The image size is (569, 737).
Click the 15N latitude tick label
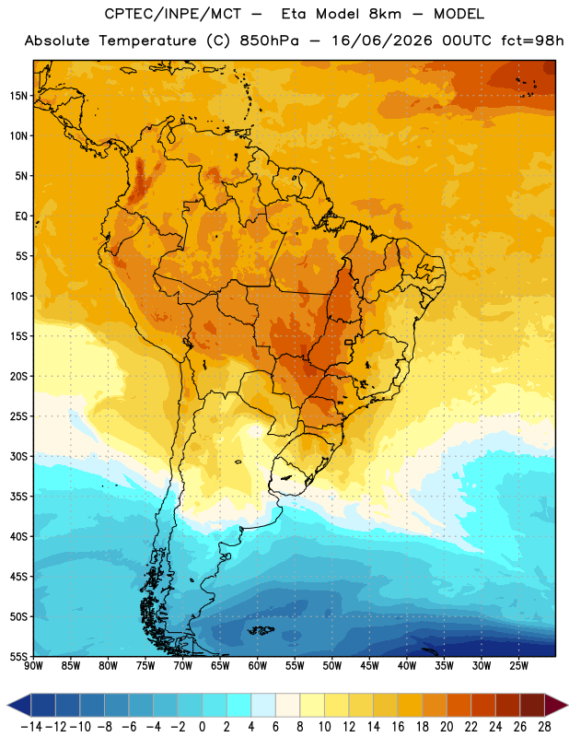coord(18,96)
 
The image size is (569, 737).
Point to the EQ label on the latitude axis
coord(21,216)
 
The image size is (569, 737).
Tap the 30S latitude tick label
coord(18,456)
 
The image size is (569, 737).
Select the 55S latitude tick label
coord(18,656)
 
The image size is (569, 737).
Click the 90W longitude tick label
coord(34,666)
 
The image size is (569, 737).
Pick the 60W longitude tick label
coord(258,666)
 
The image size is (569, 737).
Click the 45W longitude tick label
coord(369,666)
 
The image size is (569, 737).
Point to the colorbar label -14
coord(31,727)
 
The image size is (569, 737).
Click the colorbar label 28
coord(544,727)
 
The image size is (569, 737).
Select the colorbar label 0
coord(203,727)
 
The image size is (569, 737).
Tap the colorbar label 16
coord(398,727)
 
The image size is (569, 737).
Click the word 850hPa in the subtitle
coord(269,41)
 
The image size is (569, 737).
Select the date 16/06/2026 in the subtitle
coord(382,41)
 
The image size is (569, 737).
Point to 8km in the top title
coord(385,14)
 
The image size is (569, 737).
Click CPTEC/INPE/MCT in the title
coord(173,14)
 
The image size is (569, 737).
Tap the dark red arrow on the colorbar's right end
coord(556,706)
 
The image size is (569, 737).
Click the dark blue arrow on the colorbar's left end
coord(18,706)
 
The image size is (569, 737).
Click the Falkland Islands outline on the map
coord(261,630)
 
